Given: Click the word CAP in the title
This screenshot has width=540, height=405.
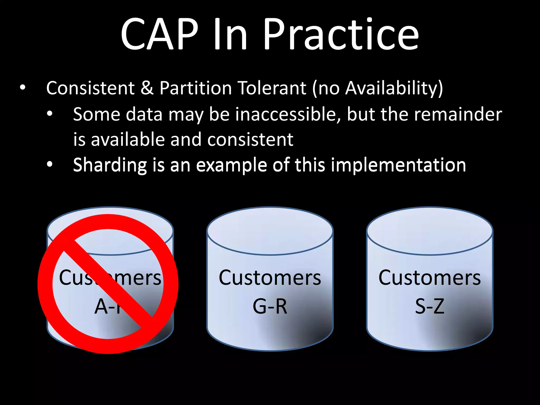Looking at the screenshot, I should click(x=160, y=34).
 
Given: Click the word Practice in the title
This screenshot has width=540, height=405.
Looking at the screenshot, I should click(x=341, y=34).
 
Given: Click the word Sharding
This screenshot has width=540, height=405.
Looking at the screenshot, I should click(x=110, y=165).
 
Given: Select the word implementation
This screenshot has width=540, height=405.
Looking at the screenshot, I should click(x=398, y=165).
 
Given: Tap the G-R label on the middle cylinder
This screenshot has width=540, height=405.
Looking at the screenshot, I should click(x=270, y=306).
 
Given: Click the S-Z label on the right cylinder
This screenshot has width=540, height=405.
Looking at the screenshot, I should click(x=430, y=306).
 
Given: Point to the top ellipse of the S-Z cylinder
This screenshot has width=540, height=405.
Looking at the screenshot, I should click(x=430, y=231).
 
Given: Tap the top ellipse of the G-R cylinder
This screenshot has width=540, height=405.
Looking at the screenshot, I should click(x=270, y=231).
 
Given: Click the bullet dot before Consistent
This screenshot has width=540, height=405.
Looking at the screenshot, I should click(x=23, y=88).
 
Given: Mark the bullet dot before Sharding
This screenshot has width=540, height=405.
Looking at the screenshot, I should click(x=50, y=165).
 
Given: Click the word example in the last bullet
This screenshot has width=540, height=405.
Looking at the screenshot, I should click(x=231, y=165).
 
